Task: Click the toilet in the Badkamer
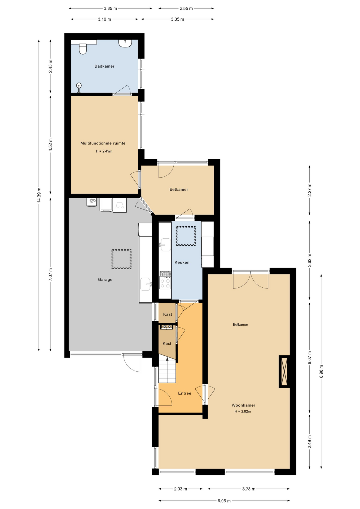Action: [83, 49]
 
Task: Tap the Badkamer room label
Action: [104, 66]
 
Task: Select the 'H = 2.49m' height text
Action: [104, 151]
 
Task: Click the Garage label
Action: [105, 279]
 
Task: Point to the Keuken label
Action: [182, 262]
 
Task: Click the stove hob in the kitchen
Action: [165, 282]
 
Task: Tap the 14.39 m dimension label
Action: [39, 195]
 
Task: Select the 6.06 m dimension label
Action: [224, 501]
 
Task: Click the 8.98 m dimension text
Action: [321, 371]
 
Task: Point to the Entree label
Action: [185, 393]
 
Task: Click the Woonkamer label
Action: [243, 405]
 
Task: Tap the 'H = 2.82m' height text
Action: [243, 411]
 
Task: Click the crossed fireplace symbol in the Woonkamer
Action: [284, 371]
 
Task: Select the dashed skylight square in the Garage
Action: [121, 259]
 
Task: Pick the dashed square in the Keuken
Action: [186, 236]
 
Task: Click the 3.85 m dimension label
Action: [110, 8]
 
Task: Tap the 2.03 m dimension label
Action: [181, 489]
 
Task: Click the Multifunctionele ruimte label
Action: [103, 143]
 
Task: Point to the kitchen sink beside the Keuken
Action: [165, 245]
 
